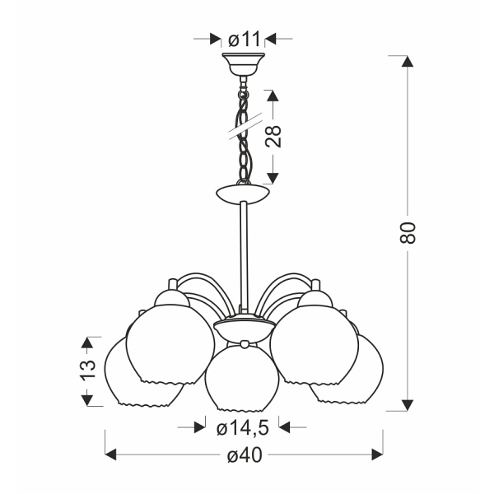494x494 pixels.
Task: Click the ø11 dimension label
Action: (243, 39)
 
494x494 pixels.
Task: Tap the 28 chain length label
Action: (274, 135)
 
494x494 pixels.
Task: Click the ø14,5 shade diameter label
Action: (243, 427)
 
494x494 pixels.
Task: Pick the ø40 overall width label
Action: (244, 454)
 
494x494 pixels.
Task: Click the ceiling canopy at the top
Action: (243, 63)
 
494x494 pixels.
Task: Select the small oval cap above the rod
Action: (243, 194)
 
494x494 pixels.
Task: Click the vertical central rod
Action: (243, 255)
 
